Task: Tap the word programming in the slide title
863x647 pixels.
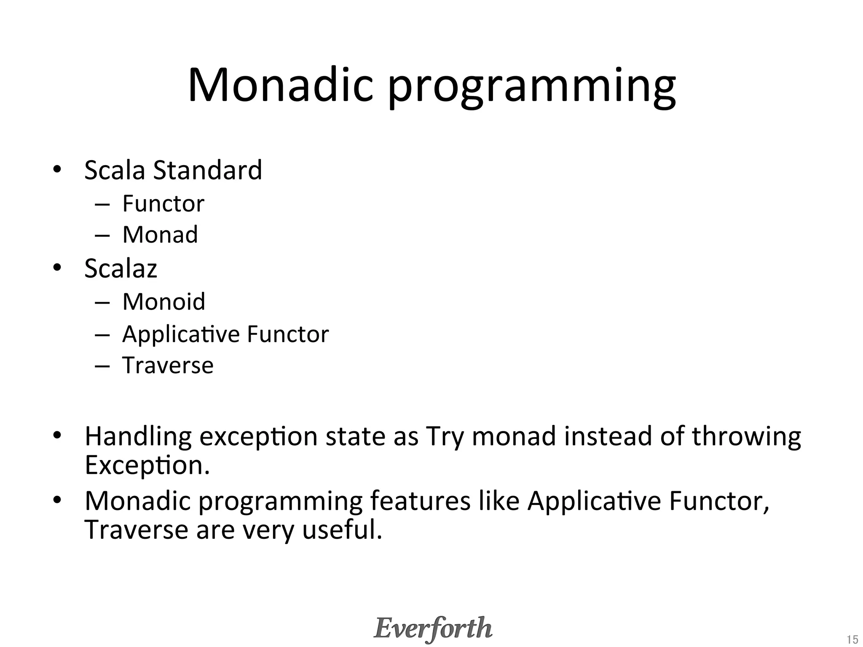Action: click(x=532, y=88)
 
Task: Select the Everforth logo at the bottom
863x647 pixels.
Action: click(x=433, y=628)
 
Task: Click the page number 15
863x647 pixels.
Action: click(x=852, y=639)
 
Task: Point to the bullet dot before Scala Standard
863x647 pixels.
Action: click(x=57, y=170)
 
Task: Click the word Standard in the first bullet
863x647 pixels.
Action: click(x=207, y=170)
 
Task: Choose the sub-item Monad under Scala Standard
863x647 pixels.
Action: click(x=160, y=235)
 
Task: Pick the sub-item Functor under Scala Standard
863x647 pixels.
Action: click(x=163, y=204)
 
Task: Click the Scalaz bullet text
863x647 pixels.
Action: click(x=121, y=268)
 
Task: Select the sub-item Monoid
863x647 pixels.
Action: click(x=163, y=302)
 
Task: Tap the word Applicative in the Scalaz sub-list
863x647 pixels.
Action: click(x=180, y=335)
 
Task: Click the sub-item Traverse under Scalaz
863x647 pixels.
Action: click(x=168, y=365)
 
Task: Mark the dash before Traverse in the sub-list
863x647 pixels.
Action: click(x=102, y=366)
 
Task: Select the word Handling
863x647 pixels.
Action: click(x=138, y=437)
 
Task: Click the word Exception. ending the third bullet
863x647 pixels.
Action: click(x=147, y=465)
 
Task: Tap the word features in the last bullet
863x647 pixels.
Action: click(x=420, y=501)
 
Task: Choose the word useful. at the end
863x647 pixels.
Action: click(x=342, y=530)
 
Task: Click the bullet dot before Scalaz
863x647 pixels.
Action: click(x=57, y=268)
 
